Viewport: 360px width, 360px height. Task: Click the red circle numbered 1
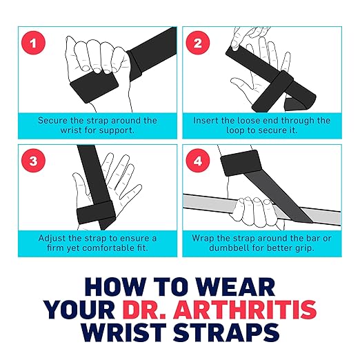(33, 43)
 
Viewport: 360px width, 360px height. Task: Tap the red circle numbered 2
(198, 43)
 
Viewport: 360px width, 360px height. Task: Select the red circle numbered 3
(33, 161)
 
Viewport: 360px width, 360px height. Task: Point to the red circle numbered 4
(198, 161)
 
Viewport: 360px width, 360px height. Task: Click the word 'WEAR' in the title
(236, 287)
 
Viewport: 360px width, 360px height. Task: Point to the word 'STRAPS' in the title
(226, 332)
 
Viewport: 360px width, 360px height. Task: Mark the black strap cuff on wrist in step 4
(241, 163)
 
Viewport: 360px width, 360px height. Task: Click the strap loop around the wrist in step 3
(96, 212)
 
